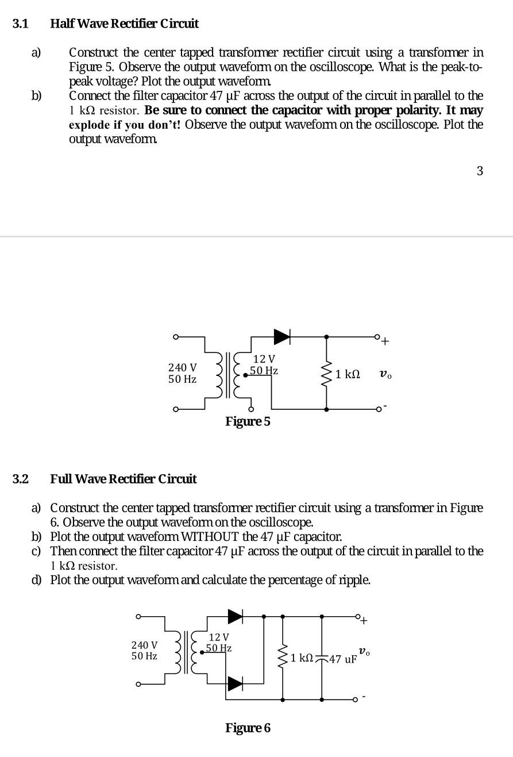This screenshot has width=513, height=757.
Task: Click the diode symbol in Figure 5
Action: (281, 337)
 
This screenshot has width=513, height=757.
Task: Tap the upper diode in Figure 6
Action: (236, 616)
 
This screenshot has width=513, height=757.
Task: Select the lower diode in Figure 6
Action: (236, 683)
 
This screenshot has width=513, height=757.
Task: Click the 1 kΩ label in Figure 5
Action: (348, 374)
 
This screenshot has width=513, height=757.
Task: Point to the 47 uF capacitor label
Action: (343, 659)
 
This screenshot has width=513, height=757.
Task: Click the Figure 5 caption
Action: (248, 421)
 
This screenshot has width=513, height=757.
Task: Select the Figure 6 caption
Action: (248, 728)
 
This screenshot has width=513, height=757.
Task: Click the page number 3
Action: (480, 171)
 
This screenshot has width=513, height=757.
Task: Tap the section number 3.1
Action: (21, 24)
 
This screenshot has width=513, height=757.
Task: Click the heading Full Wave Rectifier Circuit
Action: (124, 479)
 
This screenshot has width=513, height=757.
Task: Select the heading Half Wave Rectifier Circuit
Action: (125, 24)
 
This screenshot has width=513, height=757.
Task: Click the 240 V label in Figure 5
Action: (182, 367)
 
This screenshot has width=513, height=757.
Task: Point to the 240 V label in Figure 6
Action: (145, 645)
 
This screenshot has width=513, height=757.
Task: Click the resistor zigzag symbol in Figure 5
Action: (327, 374)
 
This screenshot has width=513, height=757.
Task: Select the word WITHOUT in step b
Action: (209, 537)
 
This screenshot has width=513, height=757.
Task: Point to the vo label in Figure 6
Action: (364, 651)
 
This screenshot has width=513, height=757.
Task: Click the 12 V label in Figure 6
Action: (219, 637)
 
